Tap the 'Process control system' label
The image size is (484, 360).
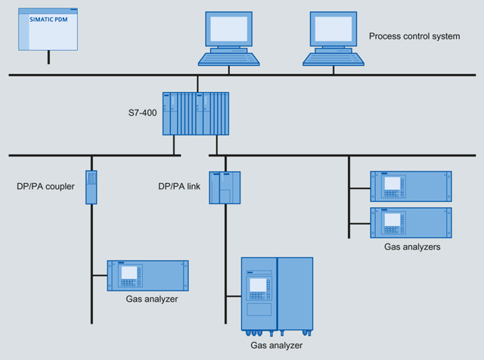tap(414, 36)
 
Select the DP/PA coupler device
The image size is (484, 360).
tap(92, 187)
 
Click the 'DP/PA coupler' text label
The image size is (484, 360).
tap(45, 186)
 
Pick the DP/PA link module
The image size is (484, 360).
tap(225, 187)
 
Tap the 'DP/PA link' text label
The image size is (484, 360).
tap(179, 186)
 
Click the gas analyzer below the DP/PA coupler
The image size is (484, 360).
tap(148, 275)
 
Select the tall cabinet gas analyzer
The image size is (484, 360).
tap(276, 295)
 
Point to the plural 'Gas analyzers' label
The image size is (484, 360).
tap(411, 247)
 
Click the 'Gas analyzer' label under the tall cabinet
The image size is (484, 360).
tap(276, 345)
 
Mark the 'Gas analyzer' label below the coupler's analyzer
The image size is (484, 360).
tap(152, 299)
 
